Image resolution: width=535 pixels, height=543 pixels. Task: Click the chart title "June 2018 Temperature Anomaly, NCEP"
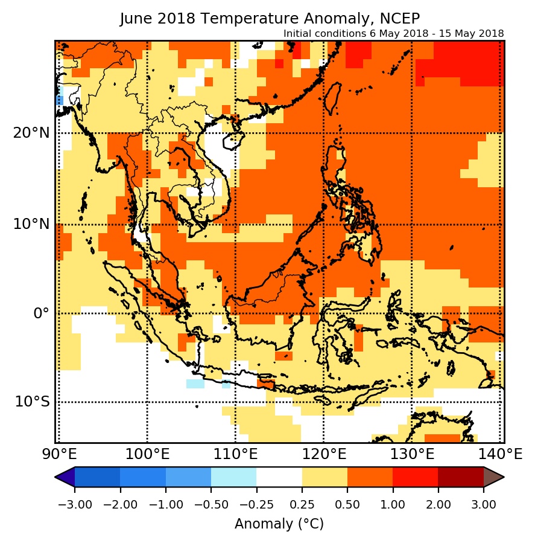click(x=270, y=19)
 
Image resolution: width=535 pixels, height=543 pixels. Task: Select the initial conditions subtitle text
click(x=393, y=33)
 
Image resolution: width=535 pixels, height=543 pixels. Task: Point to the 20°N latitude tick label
click(x=31, y=133)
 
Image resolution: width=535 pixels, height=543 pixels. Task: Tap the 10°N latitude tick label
click(x=31, y=225)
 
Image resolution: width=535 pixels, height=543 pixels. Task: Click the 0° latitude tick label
click(x=40, y=313)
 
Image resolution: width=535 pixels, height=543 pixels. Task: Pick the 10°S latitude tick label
click(x=31, y=402)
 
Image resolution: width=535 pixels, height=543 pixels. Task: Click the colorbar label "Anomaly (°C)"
click(x=279, y=524)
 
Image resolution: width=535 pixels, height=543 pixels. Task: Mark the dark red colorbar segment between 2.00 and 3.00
click(x=461, y=477)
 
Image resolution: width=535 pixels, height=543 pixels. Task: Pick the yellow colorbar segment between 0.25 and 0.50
click(x=324, y=477)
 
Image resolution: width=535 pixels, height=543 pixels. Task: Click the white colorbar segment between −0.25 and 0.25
click(x=279, y=477)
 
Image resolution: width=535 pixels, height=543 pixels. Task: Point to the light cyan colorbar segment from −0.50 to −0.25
click(x=233, y=477)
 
